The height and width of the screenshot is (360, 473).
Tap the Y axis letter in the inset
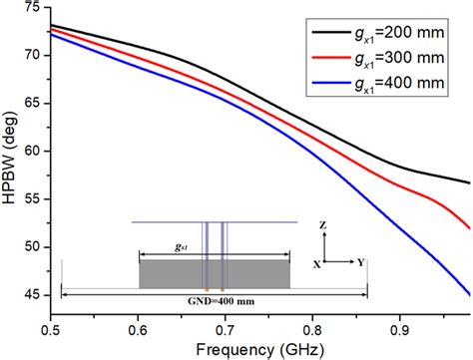pyautogui.click(x=359, y=264)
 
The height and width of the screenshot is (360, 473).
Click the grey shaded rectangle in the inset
pyautogui.click(x=214, y=273)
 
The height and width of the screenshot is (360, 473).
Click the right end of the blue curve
pyautogui.click(x=469, y=294)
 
